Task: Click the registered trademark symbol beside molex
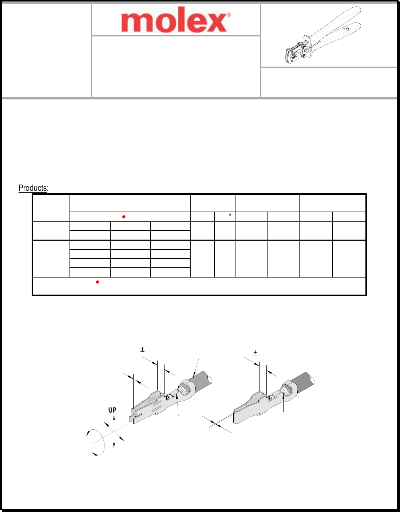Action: (x=229, y=15)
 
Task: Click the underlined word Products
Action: (x=33, y=188)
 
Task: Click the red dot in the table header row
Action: (x=124, y=217)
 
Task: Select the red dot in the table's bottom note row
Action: (x=98, y=282)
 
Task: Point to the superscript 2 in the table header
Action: (x=230, y=215)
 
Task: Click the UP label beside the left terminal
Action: (x=112, y=410)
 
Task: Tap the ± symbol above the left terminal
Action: (x=142, y=350)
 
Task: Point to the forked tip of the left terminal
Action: (x=134, y=417)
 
